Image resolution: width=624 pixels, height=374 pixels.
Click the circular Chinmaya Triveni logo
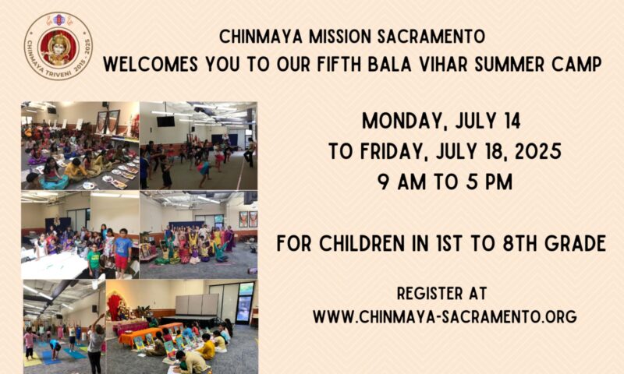(58, 46)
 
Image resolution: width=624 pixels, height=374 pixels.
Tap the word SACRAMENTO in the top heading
(431, 37)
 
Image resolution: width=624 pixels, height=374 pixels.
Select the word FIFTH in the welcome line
(340, 64)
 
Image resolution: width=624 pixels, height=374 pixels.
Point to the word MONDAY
(403, 122)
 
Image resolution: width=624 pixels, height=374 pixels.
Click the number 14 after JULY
(511, 121)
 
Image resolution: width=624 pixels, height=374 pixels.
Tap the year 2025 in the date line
(537, 151)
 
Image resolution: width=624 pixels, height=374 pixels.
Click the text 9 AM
(402, 182)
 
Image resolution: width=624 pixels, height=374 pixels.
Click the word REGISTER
(425, 294)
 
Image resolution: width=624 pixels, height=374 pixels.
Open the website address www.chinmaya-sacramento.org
(445, 317)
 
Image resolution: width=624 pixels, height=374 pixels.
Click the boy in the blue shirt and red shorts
(122, 252)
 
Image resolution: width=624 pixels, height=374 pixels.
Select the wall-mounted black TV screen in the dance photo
(165, 122)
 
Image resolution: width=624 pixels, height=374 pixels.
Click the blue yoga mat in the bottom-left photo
(53, 358)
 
